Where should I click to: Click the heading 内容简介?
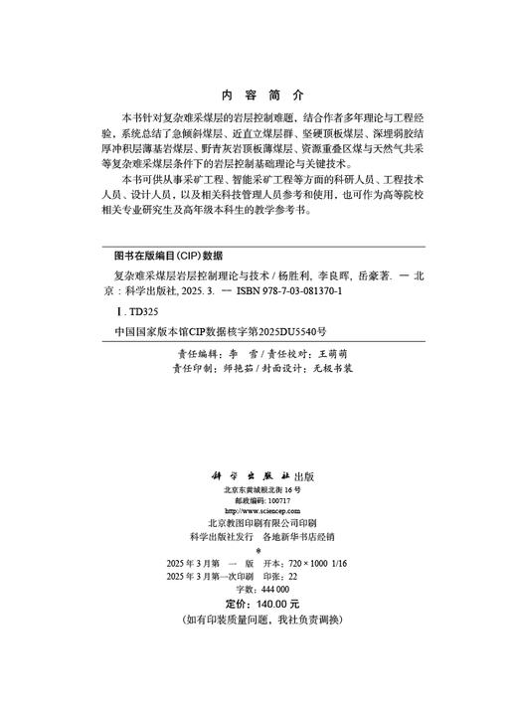coord(258,96)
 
